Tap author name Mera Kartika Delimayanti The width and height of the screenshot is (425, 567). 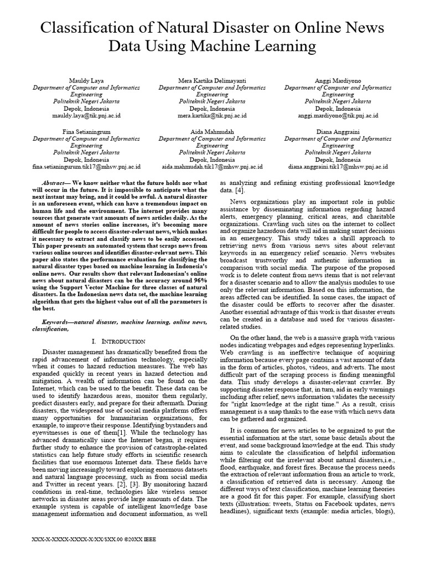pos(212,80)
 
